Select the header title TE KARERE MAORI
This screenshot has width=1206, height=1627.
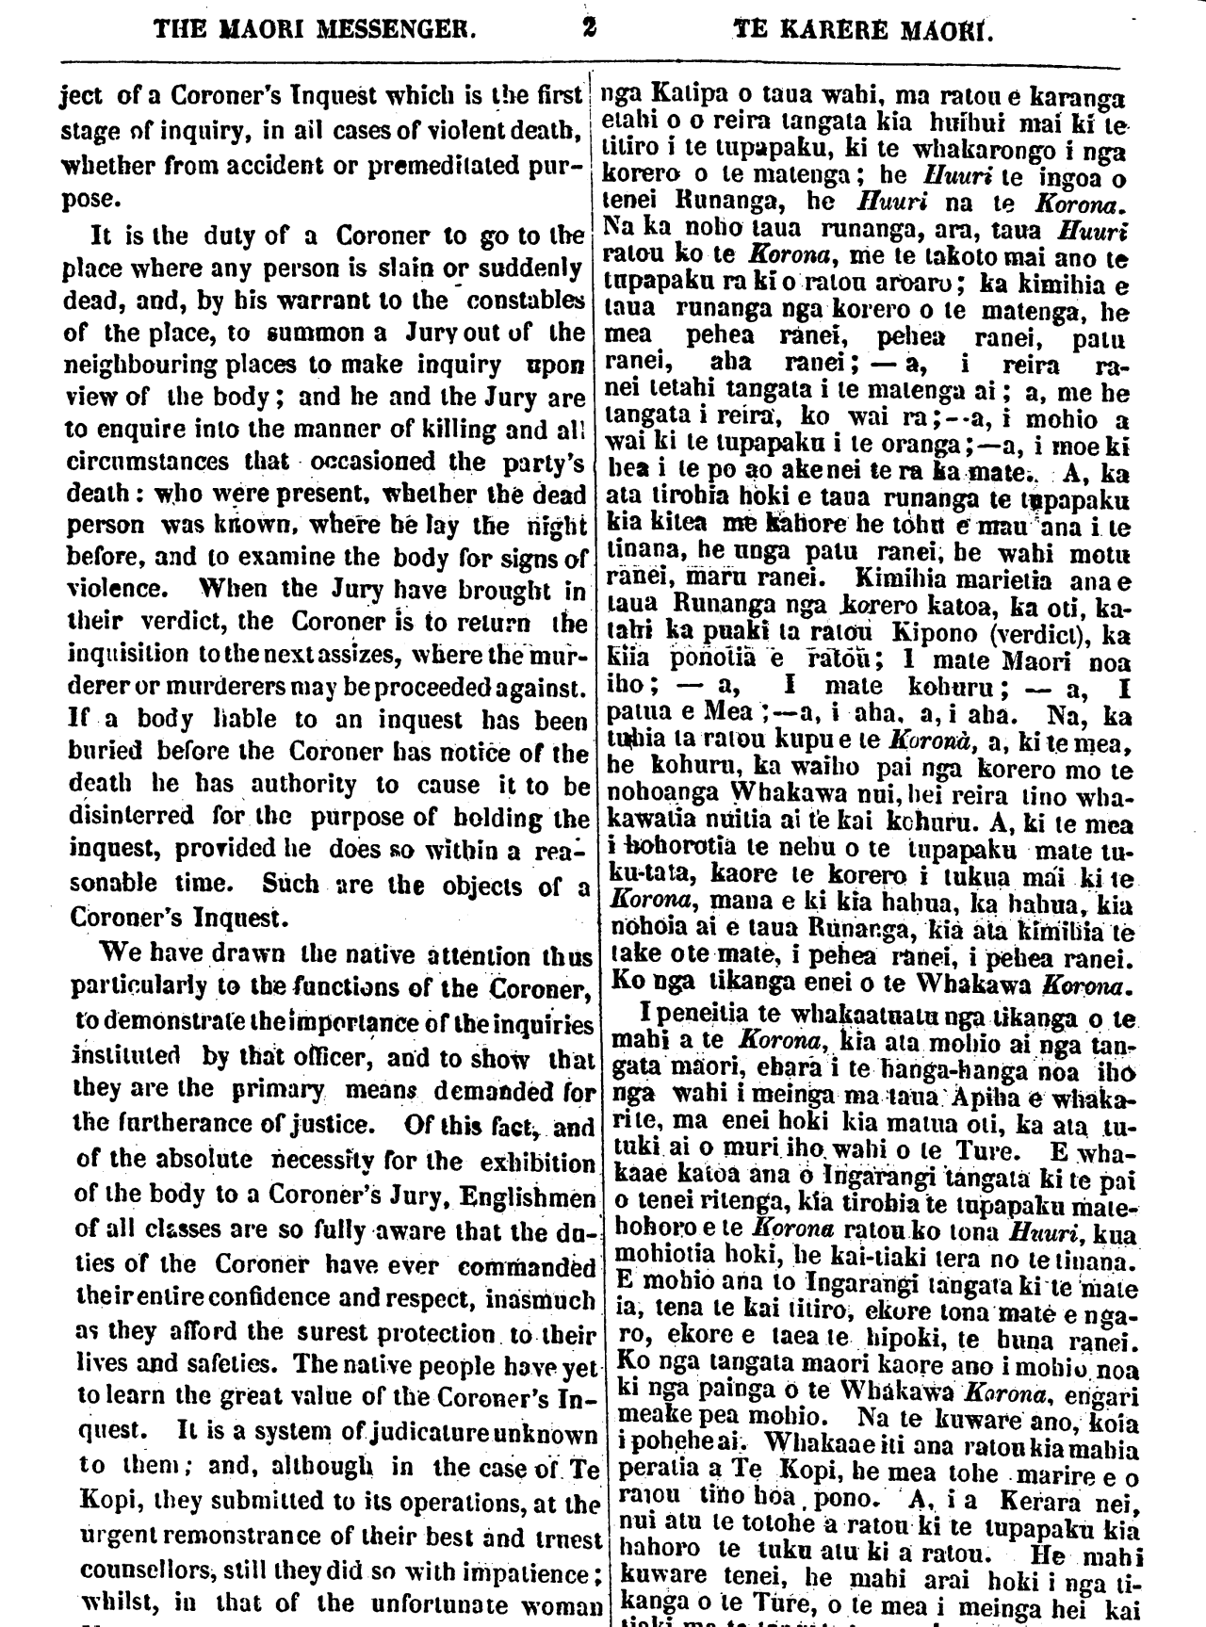tap(864, 29)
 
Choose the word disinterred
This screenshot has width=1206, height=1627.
tap(131, 815)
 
